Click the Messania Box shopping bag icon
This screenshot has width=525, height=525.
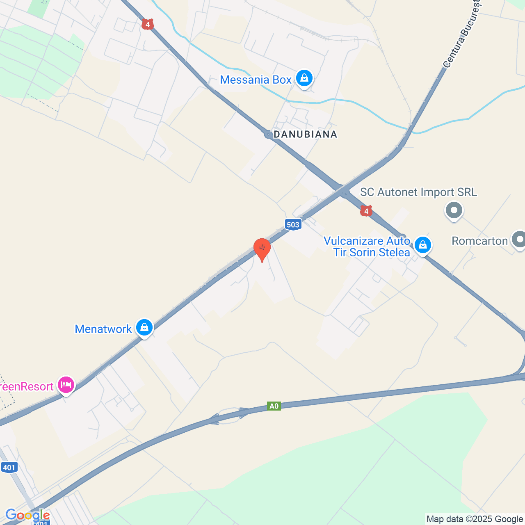(x=304, y=78)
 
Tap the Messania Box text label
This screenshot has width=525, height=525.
(x=256, y=80)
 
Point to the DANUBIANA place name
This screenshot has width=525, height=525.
(x=305, y=134)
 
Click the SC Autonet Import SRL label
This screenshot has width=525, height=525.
(x=418, y=192)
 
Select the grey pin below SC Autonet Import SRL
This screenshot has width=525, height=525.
(x=454, y=211)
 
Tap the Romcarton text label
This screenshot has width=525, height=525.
(x=479, y=241)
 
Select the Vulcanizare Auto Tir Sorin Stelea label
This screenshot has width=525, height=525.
(x=367, y=247)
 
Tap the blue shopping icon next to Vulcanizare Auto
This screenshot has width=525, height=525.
(x=422, y=245)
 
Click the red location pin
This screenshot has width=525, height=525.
(x=262, y=248)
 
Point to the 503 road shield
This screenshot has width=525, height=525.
(x=293, y=224)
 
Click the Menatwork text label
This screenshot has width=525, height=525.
(x=103, y=329)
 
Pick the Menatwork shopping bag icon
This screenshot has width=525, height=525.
(x=144, y=327)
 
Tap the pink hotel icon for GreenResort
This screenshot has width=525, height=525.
(x=66, y=385)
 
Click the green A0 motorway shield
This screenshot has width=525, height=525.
(x=274, y=406)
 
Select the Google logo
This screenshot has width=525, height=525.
(x=27, y=515)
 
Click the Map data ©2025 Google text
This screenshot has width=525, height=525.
(x=475, y=519)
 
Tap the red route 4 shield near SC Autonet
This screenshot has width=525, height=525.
(x=366, y=211)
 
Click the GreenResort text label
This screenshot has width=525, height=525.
(x=27, y=386)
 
